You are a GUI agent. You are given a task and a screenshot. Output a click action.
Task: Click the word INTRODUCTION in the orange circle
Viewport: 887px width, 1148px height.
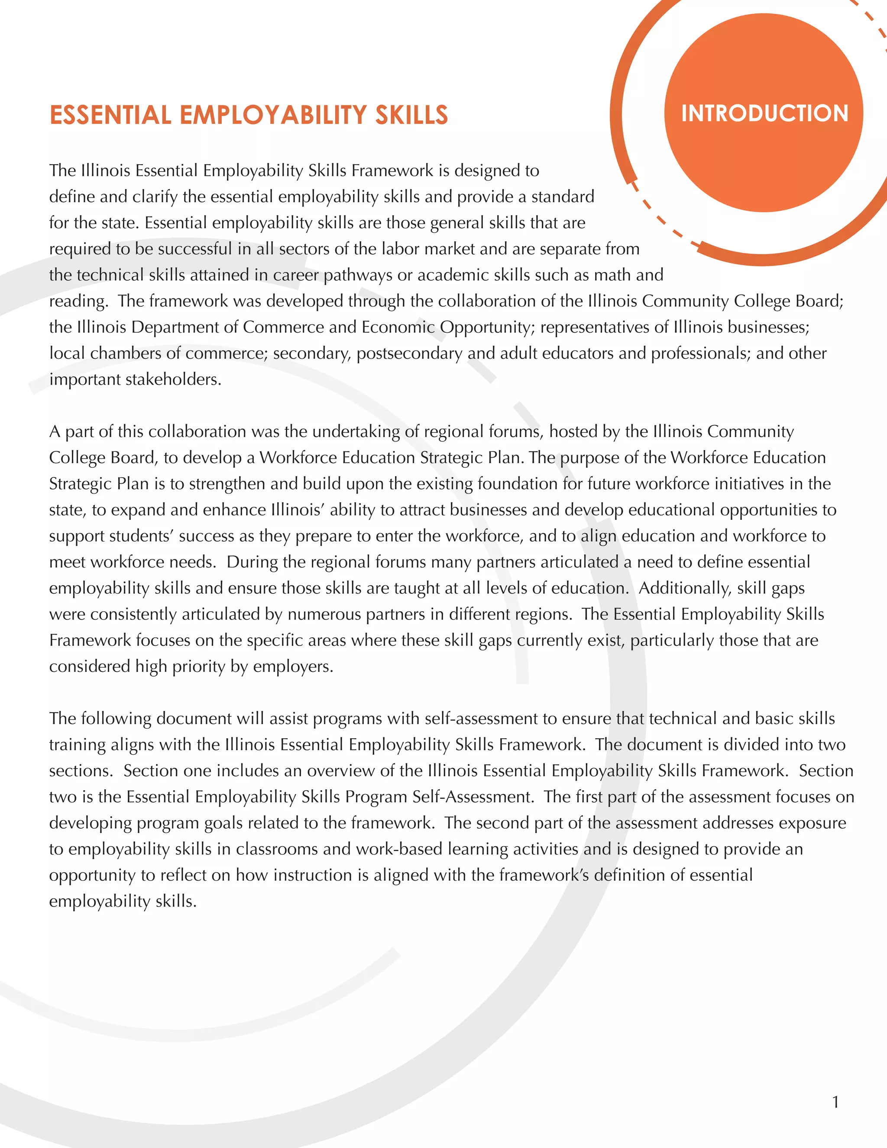764,114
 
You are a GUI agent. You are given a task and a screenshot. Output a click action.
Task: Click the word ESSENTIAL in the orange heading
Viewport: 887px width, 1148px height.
110,116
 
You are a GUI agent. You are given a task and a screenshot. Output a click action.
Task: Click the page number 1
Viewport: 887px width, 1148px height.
835,1102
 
